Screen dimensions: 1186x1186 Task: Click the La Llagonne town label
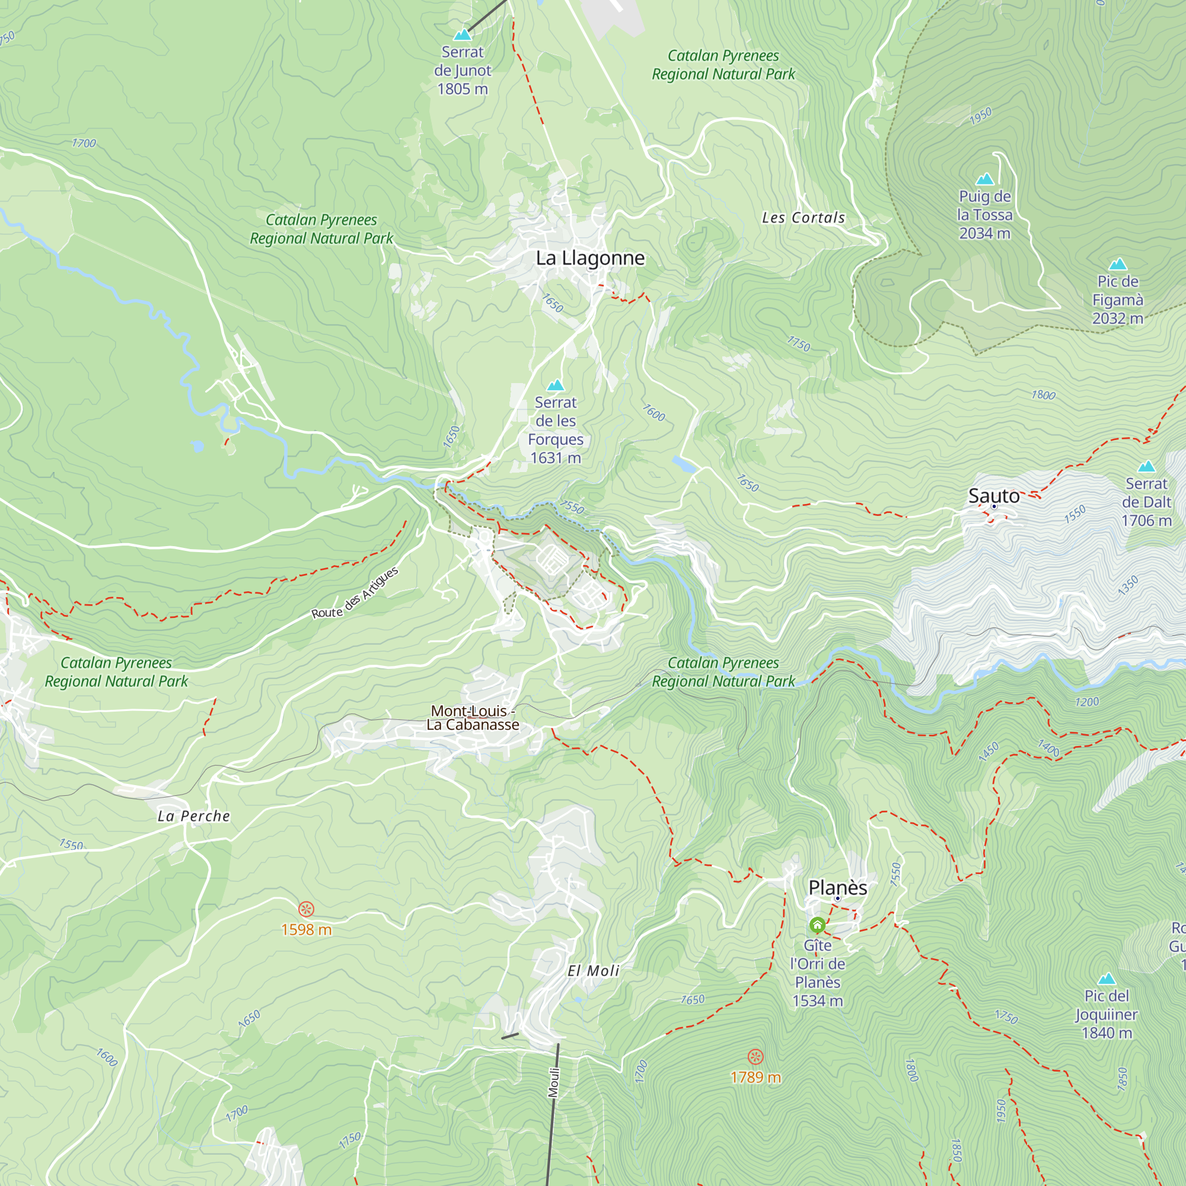tap(590, 259)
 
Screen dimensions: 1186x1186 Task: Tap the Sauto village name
tap(993, 495)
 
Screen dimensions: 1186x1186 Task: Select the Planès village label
tap(837, 888)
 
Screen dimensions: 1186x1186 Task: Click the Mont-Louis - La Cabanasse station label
tap(473, 718)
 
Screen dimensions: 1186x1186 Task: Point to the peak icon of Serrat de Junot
tap(463, 35)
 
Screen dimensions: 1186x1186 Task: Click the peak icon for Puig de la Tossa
tap(984, 179)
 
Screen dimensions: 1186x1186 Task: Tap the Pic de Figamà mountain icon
tap(1117, 264)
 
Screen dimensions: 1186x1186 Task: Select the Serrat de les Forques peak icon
tap(556, 385)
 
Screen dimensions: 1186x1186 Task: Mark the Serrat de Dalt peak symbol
tap(1146, 467)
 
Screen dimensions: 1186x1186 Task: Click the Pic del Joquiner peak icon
tap(1106, 978)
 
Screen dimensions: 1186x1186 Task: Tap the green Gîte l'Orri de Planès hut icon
tap(817, 924)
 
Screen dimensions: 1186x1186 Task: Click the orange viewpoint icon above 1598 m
tap(307, 908)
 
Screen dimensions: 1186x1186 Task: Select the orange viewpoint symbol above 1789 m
tap(755, 1057)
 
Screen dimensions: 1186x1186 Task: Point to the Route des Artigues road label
tap(355, 594)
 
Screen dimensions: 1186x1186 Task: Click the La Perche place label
tap(193, 817)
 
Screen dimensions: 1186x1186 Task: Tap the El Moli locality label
tap(593, 971)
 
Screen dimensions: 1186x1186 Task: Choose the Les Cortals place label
tap(803, 218)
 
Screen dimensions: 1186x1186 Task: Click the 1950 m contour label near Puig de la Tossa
tap(980, 116)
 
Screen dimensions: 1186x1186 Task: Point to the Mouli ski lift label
tap(554, 1083)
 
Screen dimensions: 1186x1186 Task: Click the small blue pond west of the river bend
tap(197, 447)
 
